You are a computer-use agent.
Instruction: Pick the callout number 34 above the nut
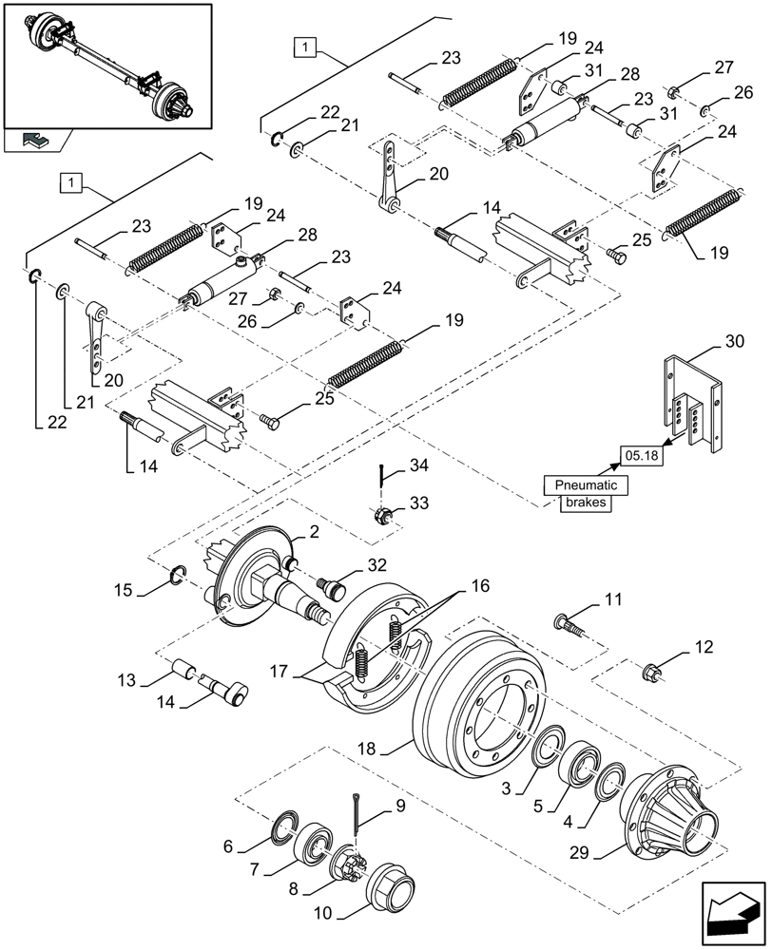(419, 465)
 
